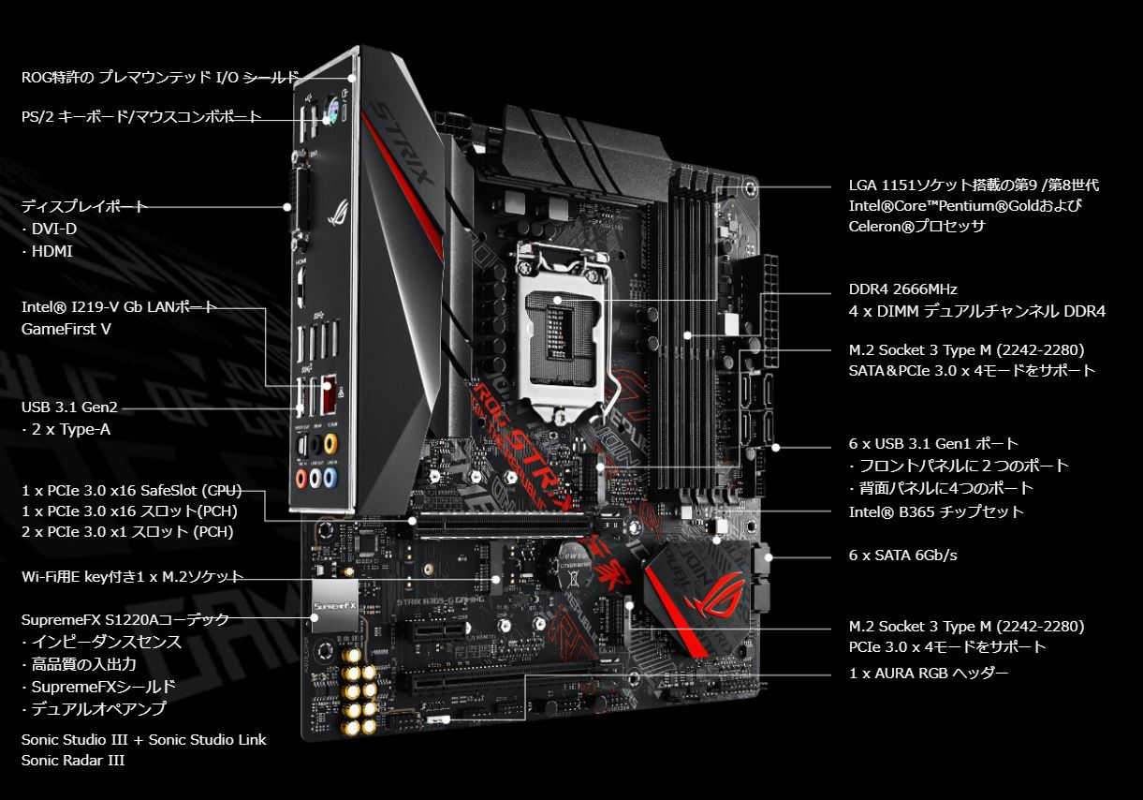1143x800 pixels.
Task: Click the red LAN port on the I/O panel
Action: tap(330, 393)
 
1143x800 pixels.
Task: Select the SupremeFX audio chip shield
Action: tap(334, 606)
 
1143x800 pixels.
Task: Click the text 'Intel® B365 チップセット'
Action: tap(936, 511)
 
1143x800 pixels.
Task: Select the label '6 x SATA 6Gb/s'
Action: tap(902, 555)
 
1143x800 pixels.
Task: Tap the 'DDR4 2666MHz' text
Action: tap(902, 289)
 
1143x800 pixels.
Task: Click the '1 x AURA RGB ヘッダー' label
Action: tap(929, 674)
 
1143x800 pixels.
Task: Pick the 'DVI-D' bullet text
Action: tap(50, 229)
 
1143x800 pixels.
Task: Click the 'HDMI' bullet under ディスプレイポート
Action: tap(48, 251)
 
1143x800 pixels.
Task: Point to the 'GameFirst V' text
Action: tap(66, 329)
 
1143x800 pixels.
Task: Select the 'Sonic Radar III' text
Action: tap(73, 760)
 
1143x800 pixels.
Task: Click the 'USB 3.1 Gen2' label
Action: tap(69, 407)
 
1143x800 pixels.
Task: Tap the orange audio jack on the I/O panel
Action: tap(330, 443)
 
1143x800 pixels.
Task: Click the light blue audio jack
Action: tap(330, 478)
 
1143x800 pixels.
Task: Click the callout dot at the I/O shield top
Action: tap(352, 78)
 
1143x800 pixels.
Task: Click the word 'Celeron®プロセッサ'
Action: tap(916, 226)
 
